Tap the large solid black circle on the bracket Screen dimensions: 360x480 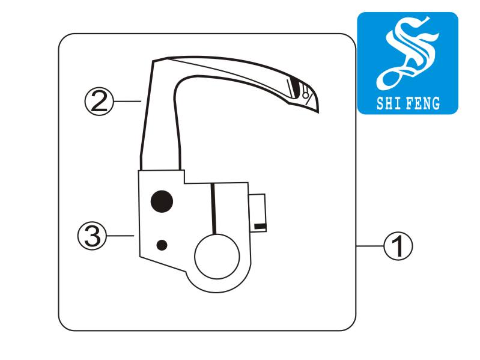(x=162, y=200)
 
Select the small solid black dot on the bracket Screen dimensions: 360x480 (x=162, y=244)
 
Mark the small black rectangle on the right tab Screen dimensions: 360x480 (x=260, y=226)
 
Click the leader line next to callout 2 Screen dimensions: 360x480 (x=127, y=102)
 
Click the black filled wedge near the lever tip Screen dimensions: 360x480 (x=294, y=88)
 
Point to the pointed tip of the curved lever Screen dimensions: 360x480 (x=318, y=111)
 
